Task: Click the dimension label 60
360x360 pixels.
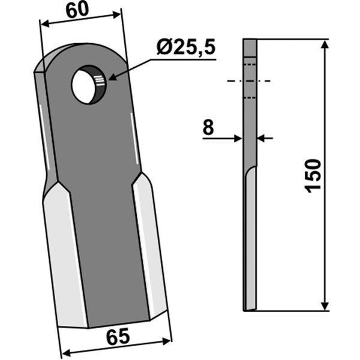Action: pos(77,11)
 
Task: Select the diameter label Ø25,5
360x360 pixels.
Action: pos(186,48)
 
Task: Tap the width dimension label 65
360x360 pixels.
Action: pos(118,337)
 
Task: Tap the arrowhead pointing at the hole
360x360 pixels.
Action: pos(113,77)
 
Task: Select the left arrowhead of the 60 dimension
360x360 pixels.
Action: pos(45,23)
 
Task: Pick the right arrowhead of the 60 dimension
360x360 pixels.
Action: pos(116,14)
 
